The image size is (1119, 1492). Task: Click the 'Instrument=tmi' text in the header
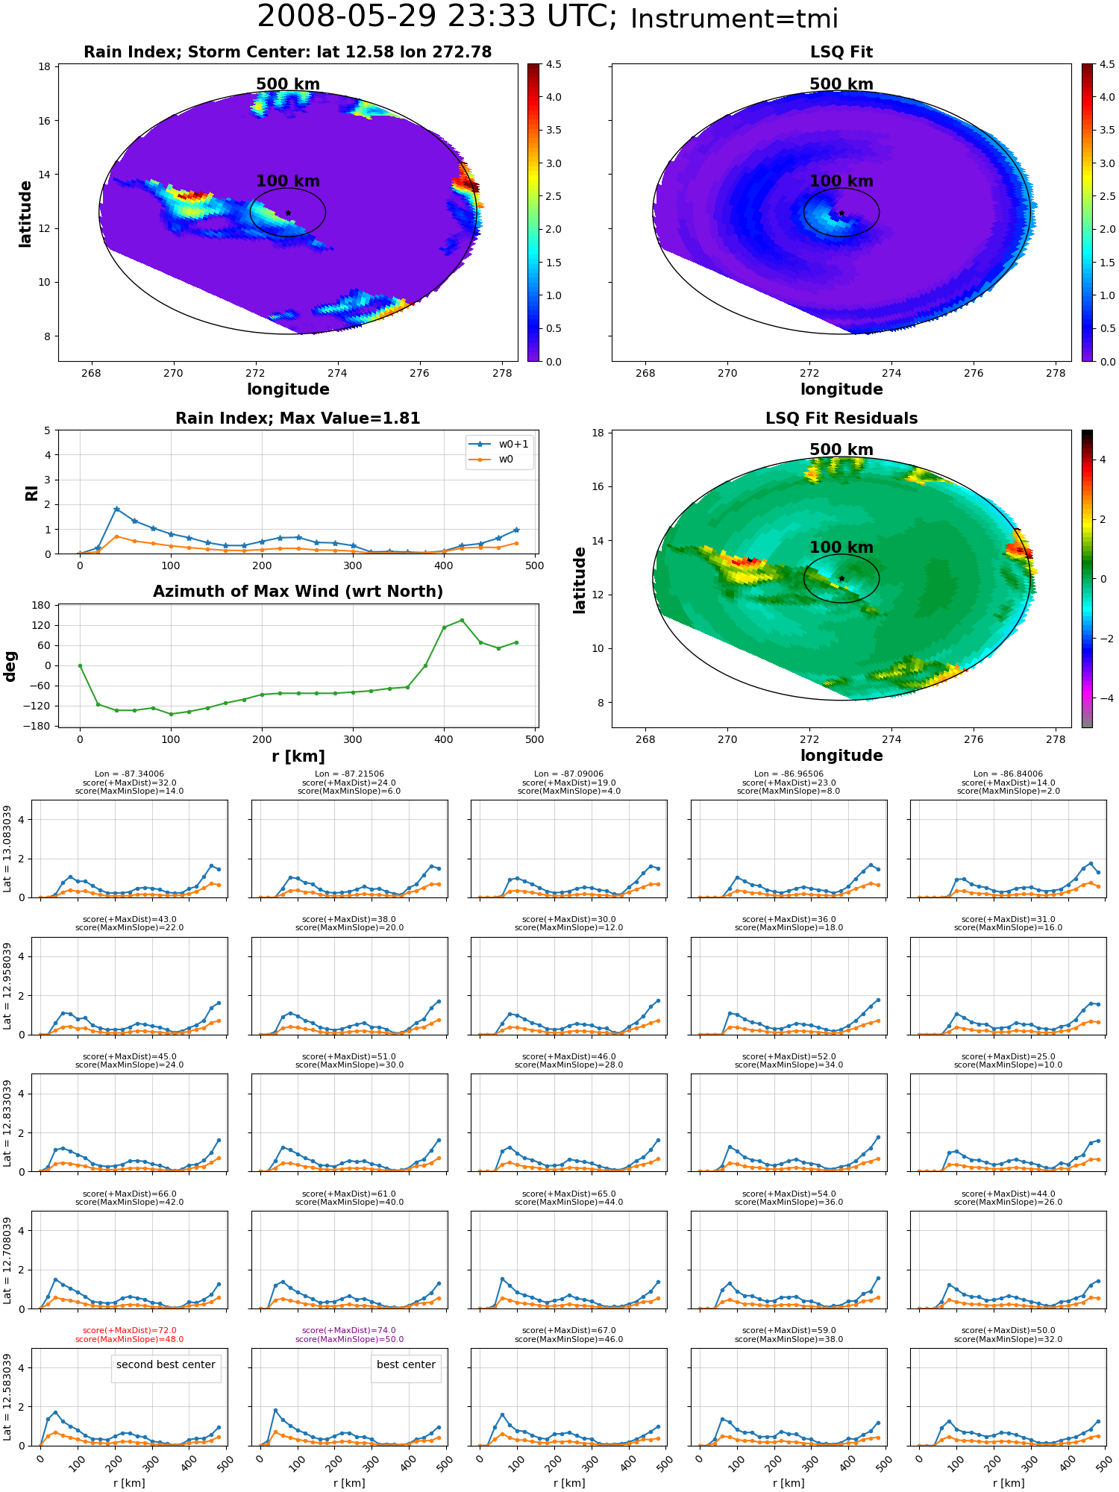(734, 19)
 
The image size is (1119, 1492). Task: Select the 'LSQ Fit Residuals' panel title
(841, 419)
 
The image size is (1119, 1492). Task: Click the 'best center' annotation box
(406, 1364)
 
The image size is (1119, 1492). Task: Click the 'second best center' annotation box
(166, 1364)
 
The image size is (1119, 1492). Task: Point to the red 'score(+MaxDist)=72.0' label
(130, 1330)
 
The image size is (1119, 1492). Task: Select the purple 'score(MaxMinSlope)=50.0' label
(349, 1339)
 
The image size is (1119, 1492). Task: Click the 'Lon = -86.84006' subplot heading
(1009, 774)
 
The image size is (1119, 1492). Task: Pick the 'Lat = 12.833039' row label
(7, 1122)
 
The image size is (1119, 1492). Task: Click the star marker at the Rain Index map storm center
(288, 213)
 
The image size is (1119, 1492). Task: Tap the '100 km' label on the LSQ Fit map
(841, 181)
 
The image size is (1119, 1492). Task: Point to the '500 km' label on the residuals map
(841, 450)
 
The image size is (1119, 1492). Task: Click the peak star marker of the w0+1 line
(116, 509)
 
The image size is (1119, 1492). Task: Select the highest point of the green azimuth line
(462, 620)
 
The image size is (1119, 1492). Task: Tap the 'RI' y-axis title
(31, 493)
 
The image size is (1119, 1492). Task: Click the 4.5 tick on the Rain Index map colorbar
(553, 64)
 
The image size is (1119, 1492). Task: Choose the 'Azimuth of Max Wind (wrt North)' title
(298, 592)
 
